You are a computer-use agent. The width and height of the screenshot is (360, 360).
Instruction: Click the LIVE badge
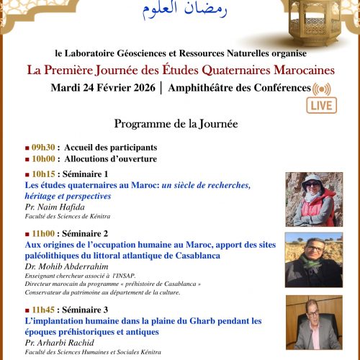tap(322, 105)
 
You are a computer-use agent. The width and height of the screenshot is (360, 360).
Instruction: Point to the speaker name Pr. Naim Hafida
tap(55, 207)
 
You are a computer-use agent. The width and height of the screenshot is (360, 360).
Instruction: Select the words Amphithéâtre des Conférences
tap(240, 88)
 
